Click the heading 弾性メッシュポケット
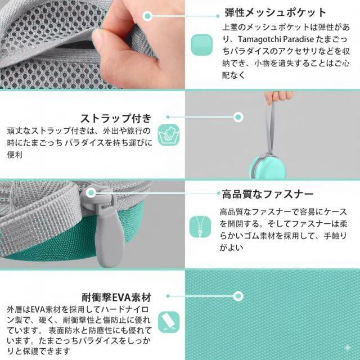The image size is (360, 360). coord(275,12)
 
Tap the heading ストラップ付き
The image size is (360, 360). coord(116,119)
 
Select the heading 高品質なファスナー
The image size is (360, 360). coord(268,195)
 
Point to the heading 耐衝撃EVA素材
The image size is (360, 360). coord(116,298)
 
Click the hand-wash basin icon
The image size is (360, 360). coord(169,135)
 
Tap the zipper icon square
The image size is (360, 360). coord(200,227)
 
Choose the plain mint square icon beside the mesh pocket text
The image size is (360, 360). coord(201,45)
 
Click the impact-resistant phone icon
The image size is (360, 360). coord(169,322)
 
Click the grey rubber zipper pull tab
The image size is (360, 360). coord(109,238)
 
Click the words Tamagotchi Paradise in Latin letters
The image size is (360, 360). coord(276,39)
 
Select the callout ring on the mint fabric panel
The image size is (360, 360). coord(238,296)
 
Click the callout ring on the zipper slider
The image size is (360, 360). coord(92,192)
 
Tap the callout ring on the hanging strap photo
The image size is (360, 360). coord(238,117)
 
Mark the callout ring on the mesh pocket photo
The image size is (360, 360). coord(147,16)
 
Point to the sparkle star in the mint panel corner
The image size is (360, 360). coord(348,348)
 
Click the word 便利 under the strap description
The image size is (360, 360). coord(15,155)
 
